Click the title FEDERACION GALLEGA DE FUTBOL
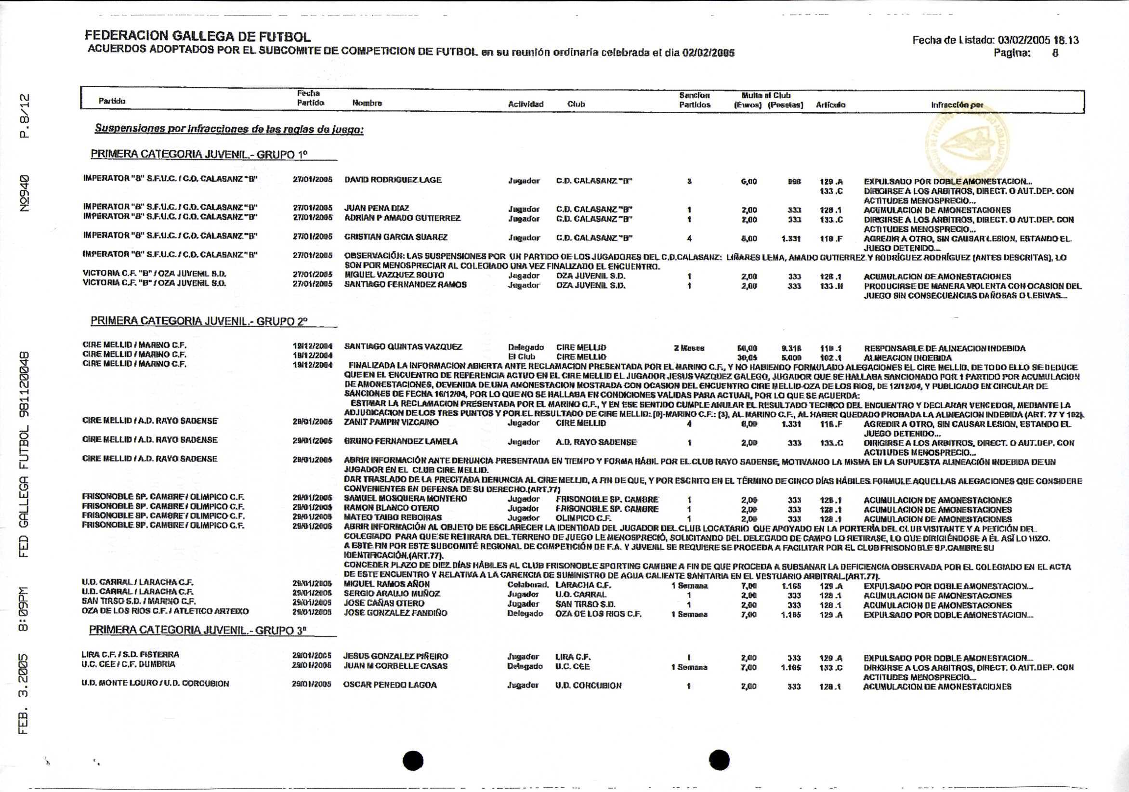(x=197, y=37)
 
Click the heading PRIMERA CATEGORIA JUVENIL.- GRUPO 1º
(x=199, y=155)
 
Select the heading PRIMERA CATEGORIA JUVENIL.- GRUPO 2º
(x=199, y=321)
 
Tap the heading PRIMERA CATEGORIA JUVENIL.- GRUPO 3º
(x=198, y=630)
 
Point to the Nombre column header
(x=367, y=103)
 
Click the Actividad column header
(x=525, y=104)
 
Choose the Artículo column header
(x=830, y=104)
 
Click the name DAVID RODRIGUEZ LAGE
(x=393, y=180)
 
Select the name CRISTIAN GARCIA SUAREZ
(x=396, y=237)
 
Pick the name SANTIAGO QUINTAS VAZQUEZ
(x=403, y=347)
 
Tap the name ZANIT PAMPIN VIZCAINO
(x=392, y=422)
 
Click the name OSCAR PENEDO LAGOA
(x=390, y=685)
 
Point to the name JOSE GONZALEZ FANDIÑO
(x=395, y=613)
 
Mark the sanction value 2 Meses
(x=689, y=348)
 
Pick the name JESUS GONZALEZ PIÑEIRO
(x=395, y=656)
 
